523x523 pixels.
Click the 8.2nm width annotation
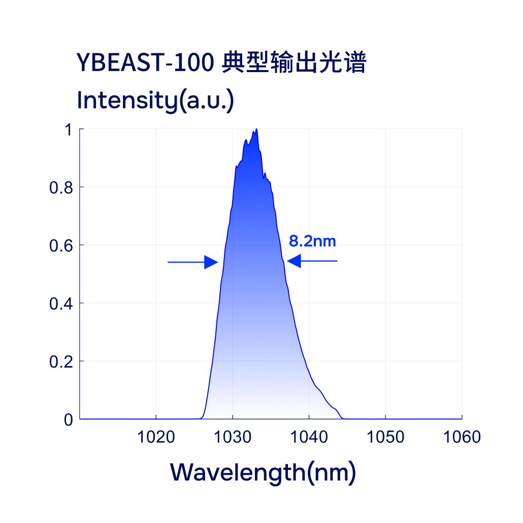[312, 241]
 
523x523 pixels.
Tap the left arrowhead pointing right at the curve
[211, 262]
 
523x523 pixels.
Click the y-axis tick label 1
[67, 130]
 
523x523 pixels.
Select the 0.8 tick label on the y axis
[60, 188]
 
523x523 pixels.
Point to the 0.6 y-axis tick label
[60, 246]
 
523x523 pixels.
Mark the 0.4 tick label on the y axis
[60, 304]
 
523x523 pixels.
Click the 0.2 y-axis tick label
[60, 362]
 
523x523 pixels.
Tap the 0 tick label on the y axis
[68, 420]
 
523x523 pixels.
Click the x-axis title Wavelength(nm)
[263, 472]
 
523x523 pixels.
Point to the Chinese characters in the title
[294, 63]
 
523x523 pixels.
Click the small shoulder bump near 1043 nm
[334, 408]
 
